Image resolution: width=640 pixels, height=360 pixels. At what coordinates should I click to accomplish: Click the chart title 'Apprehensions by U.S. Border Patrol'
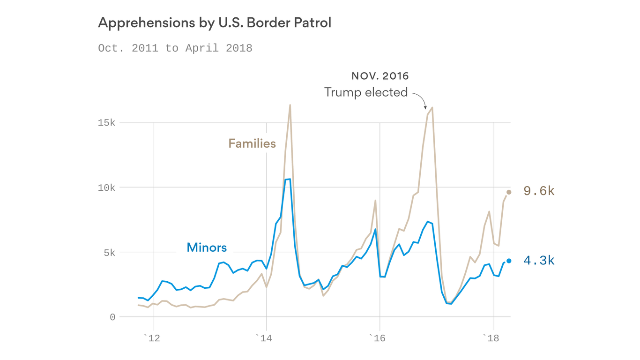pos(214,23)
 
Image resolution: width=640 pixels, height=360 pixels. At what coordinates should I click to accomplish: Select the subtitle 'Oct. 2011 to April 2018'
pos(175,48)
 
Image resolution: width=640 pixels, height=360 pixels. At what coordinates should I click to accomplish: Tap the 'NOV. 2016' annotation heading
pos(380,76)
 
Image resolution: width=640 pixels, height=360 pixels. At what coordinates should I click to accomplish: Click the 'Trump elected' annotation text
pos(366,92)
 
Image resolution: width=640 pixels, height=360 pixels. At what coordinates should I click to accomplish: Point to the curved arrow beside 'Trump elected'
pos(420,99)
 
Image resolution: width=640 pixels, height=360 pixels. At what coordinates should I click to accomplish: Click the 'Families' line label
pos(252,143)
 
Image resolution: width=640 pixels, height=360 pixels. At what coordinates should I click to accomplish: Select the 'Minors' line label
pos(207,247)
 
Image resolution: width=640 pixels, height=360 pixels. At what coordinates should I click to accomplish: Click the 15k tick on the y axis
pos(106,123)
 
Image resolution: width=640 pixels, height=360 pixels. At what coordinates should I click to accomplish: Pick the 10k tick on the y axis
pos(106,187)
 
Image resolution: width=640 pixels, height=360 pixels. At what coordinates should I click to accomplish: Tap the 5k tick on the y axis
pos(109,253)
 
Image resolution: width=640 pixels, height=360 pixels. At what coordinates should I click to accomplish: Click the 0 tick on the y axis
pos(112,317)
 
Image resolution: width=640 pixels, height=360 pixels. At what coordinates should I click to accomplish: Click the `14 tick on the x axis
pos(266,337)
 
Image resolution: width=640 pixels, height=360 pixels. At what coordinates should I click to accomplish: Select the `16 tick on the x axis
pos(379,337)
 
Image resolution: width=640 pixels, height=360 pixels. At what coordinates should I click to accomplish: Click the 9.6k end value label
pos(539,191)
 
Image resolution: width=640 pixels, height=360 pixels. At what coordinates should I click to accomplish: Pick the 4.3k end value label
pos(539,261)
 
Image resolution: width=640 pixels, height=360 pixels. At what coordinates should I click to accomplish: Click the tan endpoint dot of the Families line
pos(509,192)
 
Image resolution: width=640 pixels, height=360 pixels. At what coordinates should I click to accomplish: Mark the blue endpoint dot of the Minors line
pos(509,261)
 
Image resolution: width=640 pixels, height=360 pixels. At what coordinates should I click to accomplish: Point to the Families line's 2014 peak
pos(290,105)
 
